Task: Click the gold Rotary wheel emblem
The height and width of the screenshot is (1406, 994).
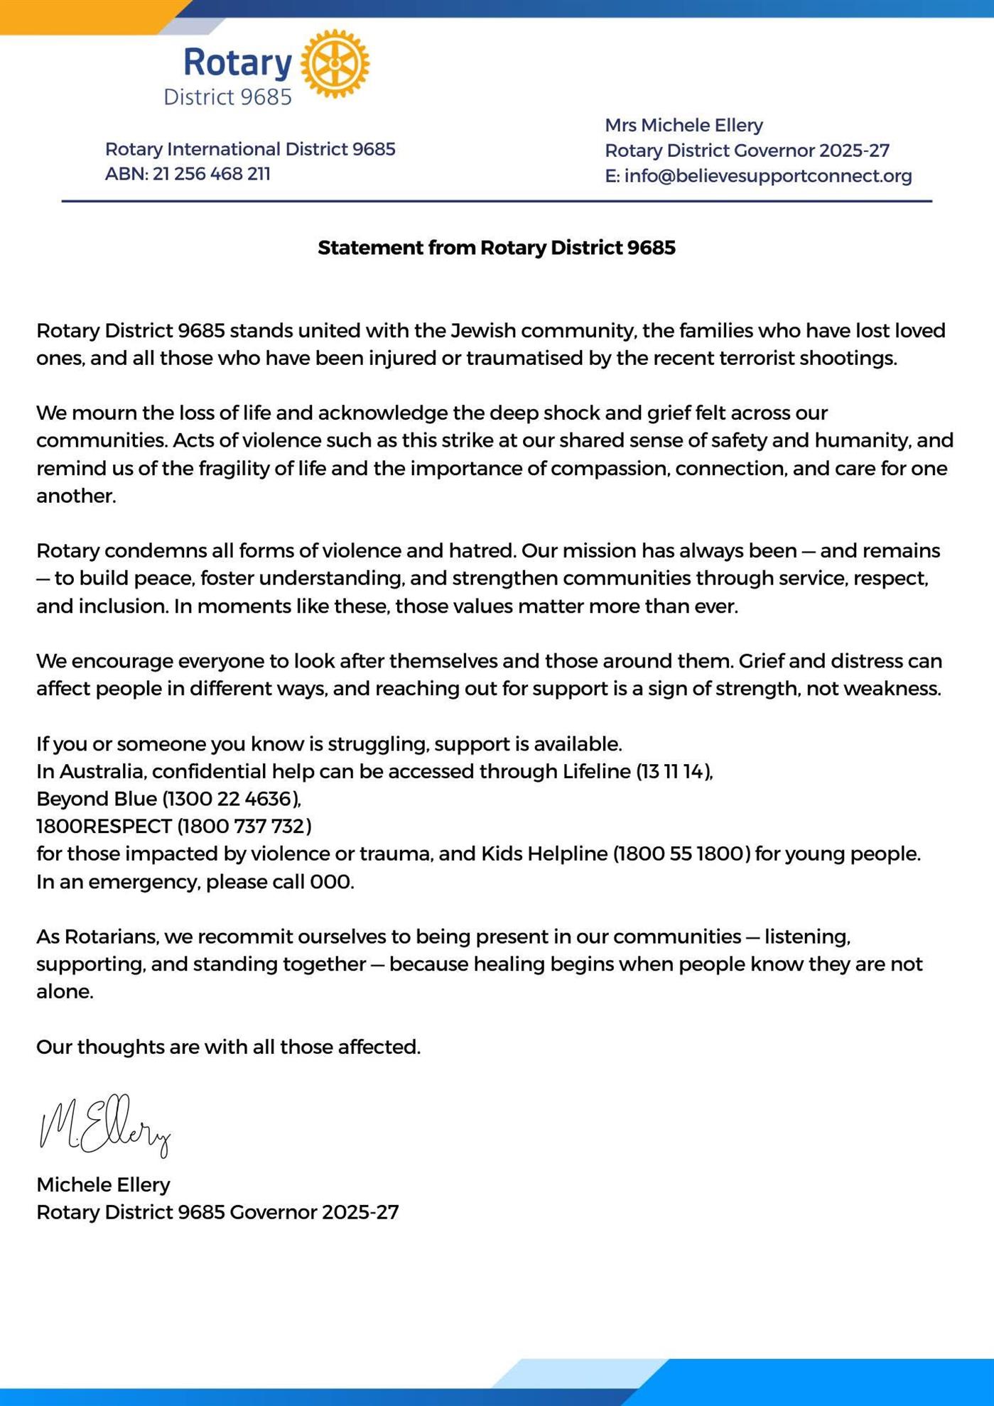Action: [x=335, y=64]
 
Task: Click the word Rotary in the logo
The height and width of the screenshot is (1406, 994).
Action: [x=237, y=62]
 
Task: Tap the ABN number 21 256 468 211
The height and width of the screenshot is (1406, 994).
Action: [x=211, y=174]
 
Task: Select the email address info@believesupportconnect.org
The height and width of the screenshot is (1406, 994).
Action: [x=767, y=175]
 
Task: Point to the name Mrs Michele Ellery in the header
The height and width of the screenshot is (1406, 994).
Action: [x=684, y=125]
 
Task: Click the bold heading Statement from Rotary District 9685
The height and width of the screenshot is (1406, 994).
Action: [x=496, y=248]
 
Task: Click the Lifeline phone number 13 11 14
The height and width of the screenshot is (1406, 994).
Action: [x=674, y=771]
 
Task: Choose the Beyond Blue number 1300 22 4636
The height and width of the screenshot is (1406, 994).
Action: [x=232, y=799]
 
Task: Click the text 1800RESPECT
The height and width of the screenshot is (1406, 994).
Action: [x=104, y=827]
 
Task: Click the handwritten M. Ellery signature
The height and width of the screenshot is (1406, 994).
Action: [x=105, y=1125]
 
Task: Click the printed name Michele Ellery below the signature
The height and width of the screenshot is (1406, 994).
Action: [x=103, y=1184]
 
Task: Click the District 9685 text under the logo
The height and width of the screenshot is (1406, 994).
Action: [x=227, y=97]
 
